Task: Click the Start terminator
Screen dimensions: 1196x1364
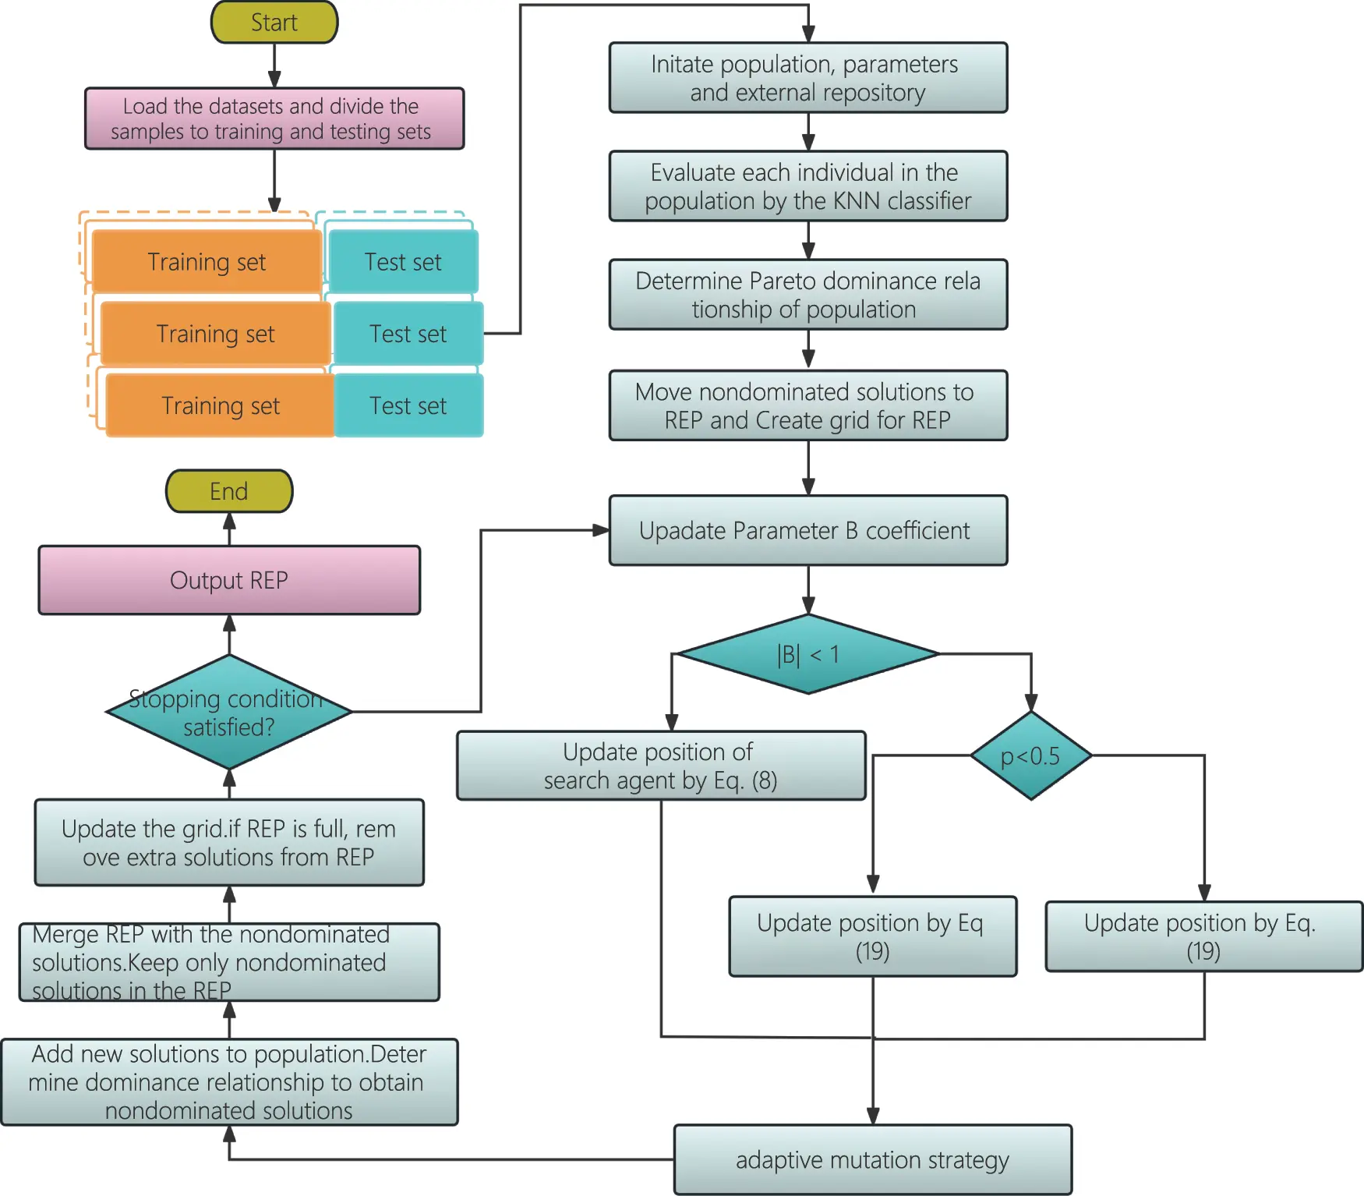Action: tap(274, 23)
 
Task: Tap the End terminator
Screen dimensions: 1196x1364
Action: tap(228, 491)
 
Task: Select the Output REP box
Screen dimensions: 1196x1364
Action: tap(228, 580)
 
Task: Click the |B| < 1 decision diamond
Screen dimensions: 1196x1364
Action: tap(807, 654)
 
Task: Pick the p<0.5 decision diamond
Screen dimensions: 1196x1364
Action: tap(1030, 755)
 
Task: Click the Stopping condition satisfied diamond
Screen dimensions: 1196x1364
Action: tap(228, 712)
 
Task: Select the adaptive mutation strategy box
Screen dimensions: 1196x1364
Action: tap(872, 1159)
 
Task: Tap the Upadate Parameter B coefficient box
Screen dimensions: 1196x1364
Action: tap(807, 530)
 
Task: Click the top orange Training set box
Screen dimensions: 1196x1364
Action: tap(207, 262)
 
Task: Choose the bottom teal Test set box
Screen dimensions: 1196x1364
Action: tap(408, 405)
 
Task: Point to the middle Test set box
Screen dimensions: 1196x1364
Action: tap(408, 334)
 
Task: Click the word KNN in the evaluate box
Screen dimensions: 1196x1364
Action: tap(857, 201)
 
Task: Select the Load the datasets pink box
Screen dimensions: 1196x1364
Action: tap(274, 119)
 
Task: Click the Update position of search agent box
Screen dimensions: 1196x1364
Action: tap(660, 766)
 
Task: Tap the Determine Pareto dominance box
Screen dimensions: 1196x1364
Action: tap(807, 295)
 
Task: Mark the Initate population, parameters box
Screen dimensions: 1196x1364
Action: tap(807, 78)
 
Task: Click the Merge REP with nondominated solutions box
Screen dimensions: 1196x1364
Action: tap(228, 962)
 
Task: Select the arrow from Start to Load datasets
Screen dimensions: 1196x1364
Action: tap(274, 65)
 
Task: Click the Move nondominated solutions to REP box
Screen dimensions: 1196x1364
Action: tap(807, 405)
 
